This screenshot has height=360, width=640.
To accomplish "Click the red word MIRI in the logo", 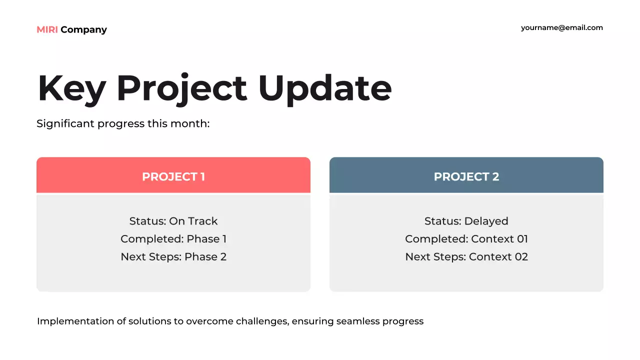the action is (x=47, y=29).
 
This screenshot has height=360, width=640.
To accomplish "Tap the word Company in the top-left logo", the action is (x=83, y=30).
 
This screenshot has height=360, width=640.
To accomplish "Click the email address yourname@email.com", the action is (x=561, y=28).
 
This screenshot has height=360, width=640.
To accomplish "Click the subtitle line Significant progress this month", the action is (x=123, y=124).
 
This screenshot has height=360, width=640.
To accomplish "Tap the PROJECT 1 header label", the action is (x=173, y=176).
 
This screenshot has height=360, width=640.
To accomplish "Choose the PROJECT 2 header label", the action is (x=466, y=176).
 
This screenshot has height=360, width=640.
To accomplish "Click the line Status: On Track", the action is (x=173, y=221).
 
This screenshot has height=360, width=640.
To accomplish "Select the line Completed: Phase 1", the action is (x=173, y=239).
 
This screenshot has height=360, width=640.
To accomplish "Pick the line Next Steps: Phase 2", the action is (x=173, y=257).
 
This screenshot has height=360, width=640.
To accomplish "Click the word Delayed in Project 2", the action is (x=486, y=221).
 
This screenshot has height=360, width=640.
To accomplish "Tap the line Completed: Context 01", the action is (x=466, y=239).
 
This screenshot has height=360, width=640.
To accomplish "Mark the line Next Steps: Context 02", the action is (x=466, y=257).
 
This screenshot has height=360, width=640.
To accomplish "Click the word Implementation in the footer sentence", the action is (x=75, y=321).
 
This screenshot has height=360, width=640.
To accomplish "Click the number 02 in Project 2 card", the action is (x=521, y=257).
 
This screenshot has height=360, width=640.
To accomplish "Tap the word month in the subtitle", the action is (x=190, y=123).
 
